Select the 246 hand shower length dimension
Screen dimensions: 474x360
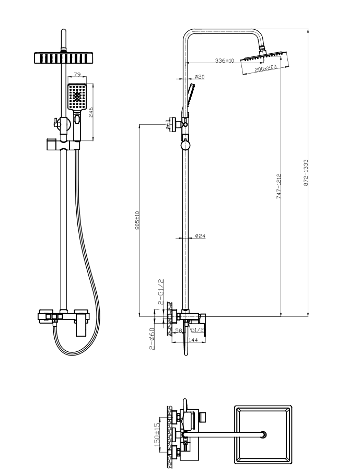[x=90, y=112]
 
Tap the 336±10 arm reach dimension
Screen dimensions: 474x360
[x=225, y=61]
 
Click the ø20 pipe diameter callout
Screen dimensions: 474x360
[x=200, y=77]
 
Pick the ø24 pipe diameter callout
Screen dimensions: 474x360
[x=200, y=236]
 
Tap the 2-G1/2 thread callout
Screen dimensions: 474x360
[x=161, y=292]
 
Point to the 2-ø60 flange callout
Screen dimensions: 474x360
[x=152, y=338]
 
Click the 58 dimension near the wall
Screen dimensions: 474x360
[x=178, y=330]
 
